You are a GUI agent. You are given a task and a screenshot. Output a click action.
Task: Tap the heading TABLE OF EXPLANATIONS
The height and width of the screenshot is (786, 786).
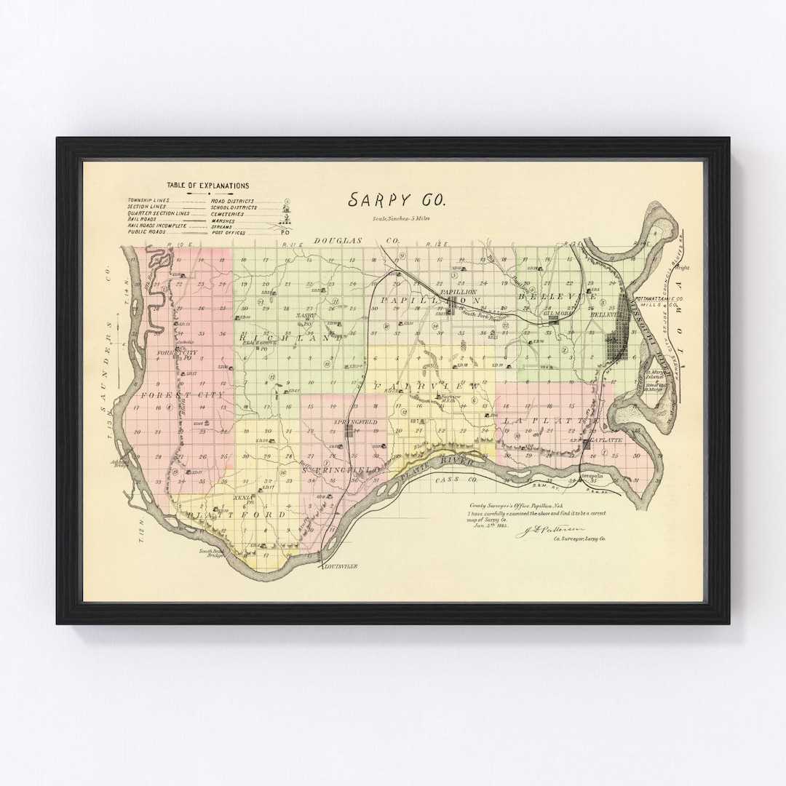[207, 186]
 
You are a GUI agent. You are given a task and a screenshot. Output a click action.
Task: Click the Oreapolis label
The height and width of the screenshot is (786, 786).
[594, 481]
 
